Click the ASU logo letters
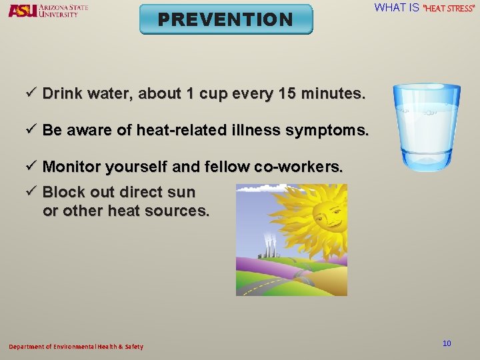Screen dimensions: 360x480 click(22, 11)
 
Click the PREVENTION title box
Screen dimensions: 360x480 click(225, 19)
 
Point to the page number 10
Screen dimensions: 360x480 click(447, 343)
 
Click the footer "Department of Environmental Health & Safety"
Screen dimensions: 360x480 click(75, 347)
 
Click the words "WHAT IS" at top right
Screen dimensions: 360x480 click(397, 8)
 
